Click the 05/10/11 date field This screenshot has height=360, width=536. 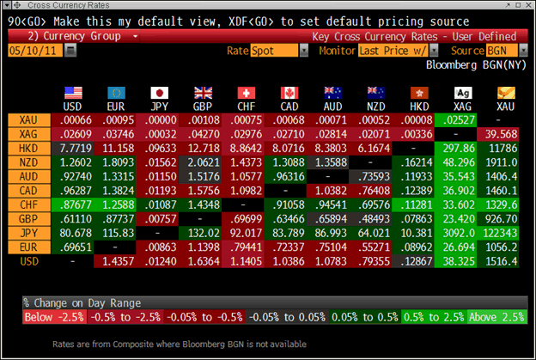click(x=33, y=52)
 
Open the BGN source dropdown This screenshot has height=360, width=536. click(x=496, y=52)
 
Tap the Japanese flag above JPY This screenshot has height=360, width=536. click(x=159, y=92)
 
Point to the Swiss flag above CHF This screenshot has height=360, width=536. click(x=246, y=92)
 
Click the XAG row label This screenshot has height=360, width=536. click(x=29, y=135)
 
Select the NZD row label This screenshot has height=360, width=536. click(x=29, y=162)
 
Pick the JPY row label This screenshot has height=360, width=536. click(x=29, y=233)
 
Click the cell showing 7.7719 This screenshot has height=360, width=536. click(x=73, y=149)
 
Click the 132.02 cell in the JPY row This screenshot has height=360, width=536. click(x=203, y=233)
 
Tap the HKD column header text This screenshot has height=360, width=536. click(x=418, y=107)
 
